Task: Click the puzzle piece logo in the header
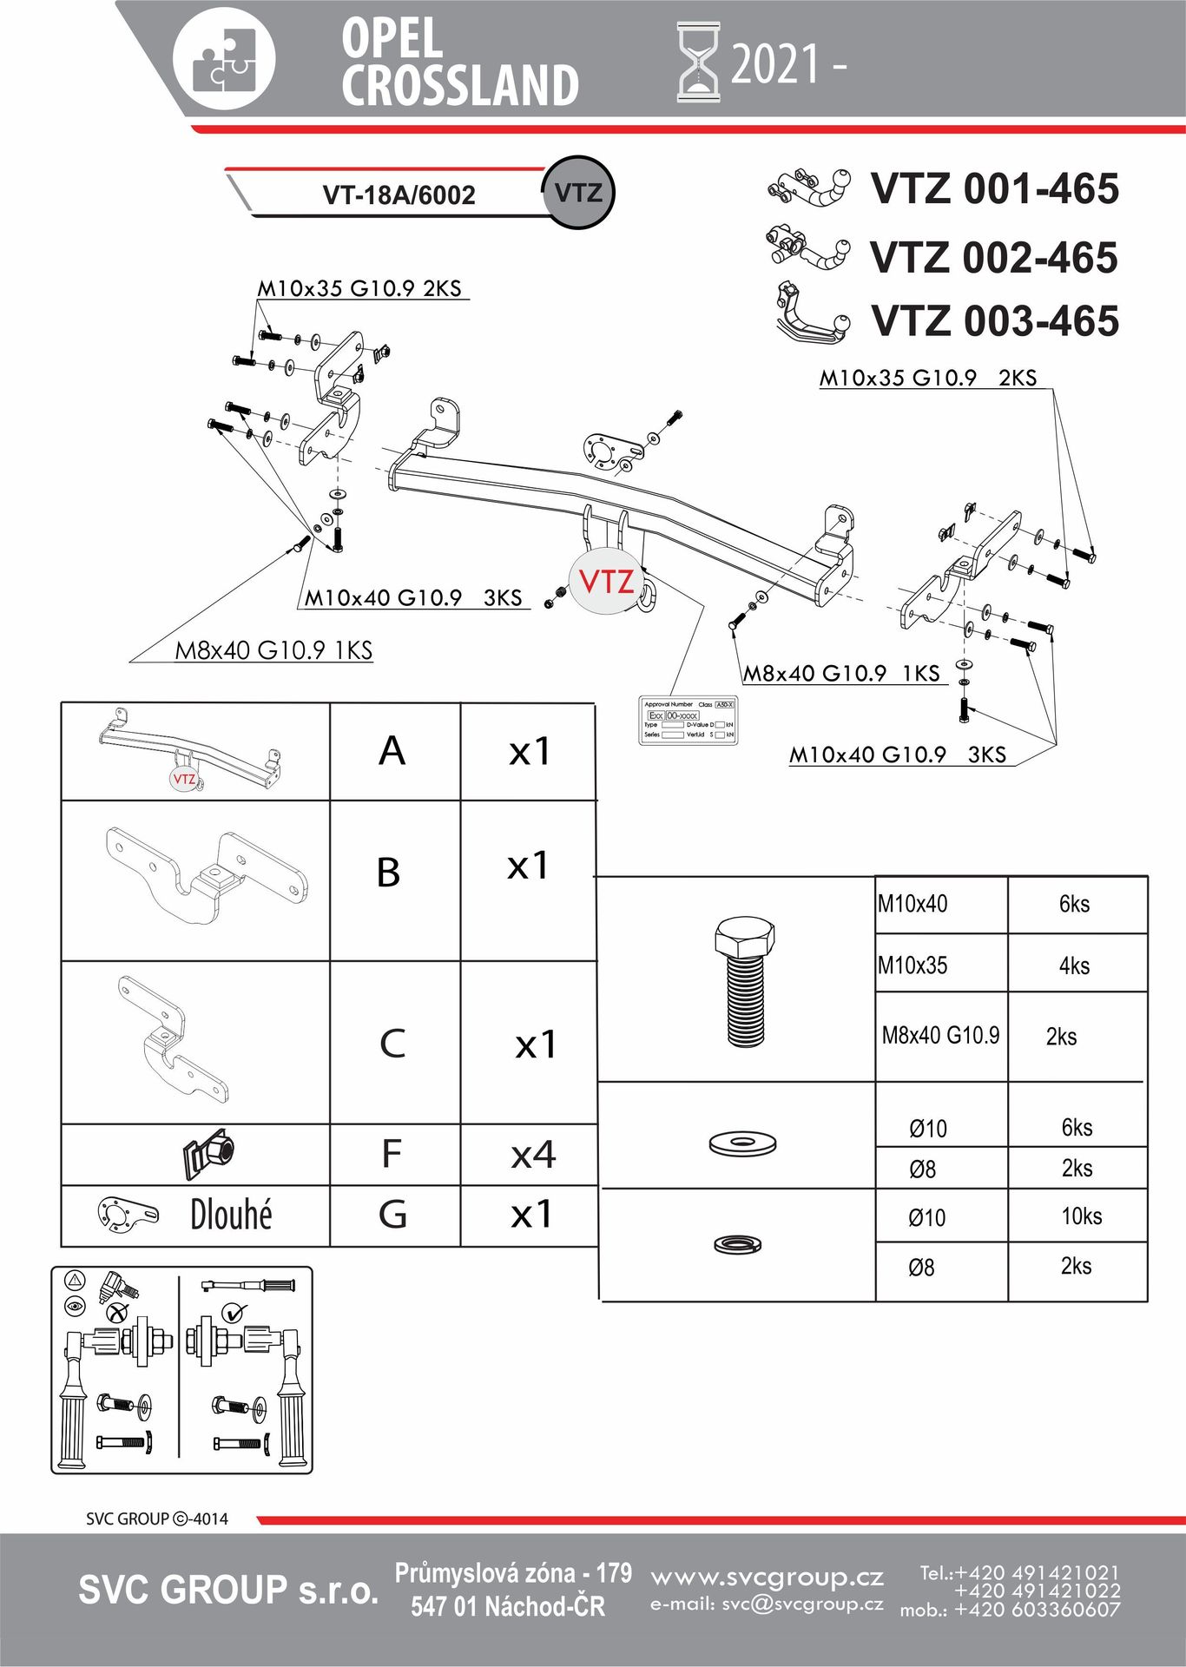(224, 60)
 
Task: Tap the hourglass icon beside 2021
(698, 63)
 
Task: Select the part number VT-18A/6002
(399, 194)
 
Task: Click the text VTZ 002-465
(993, 258)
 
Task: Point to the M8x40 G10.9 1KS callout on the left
(273, 650)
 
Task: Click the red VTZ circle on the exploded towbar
(605, 581)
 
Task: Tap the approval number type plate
(689, 720)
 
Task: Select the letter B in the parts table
(389, 873)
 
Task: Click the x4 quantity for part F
(533, 1155)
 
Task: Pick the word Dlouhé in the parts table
(231, 1215)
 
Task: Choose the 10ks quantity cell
(1081, 1216)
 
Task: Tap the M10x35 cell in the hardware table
(913, 965)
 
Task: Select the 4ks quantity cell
(1074, 965)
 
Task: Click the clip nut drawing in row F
(208, 1155)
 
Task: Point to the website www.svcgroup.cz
(767, 1577)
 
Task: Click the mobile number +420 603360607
(1037, 1610)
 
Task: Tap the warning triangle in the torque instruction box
(75, 1280)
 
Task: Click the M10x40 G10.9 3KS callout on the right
(898, 754)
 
